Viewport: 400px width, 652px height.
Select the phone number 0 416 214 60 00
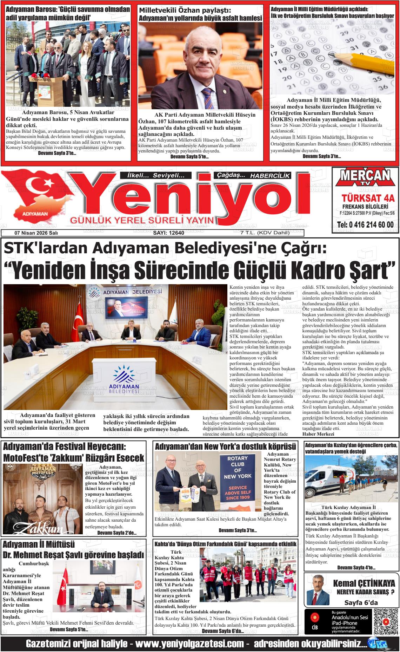pyautogui.click(x=365, y=225)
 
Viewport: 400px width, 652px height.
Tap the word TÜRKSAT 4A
pyautogui.click(x=365, y=198)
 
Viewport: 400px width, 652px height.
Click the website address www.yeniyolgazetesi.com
pyautogui.click(x=189, y=644)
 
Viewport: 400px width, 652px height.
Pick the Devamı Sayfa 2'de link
pyautogui.click(x=116, y=533)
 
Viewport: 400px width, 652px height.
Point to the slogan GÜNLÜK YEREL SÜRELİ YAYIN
pyautogui.click(x=142, y=220)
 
